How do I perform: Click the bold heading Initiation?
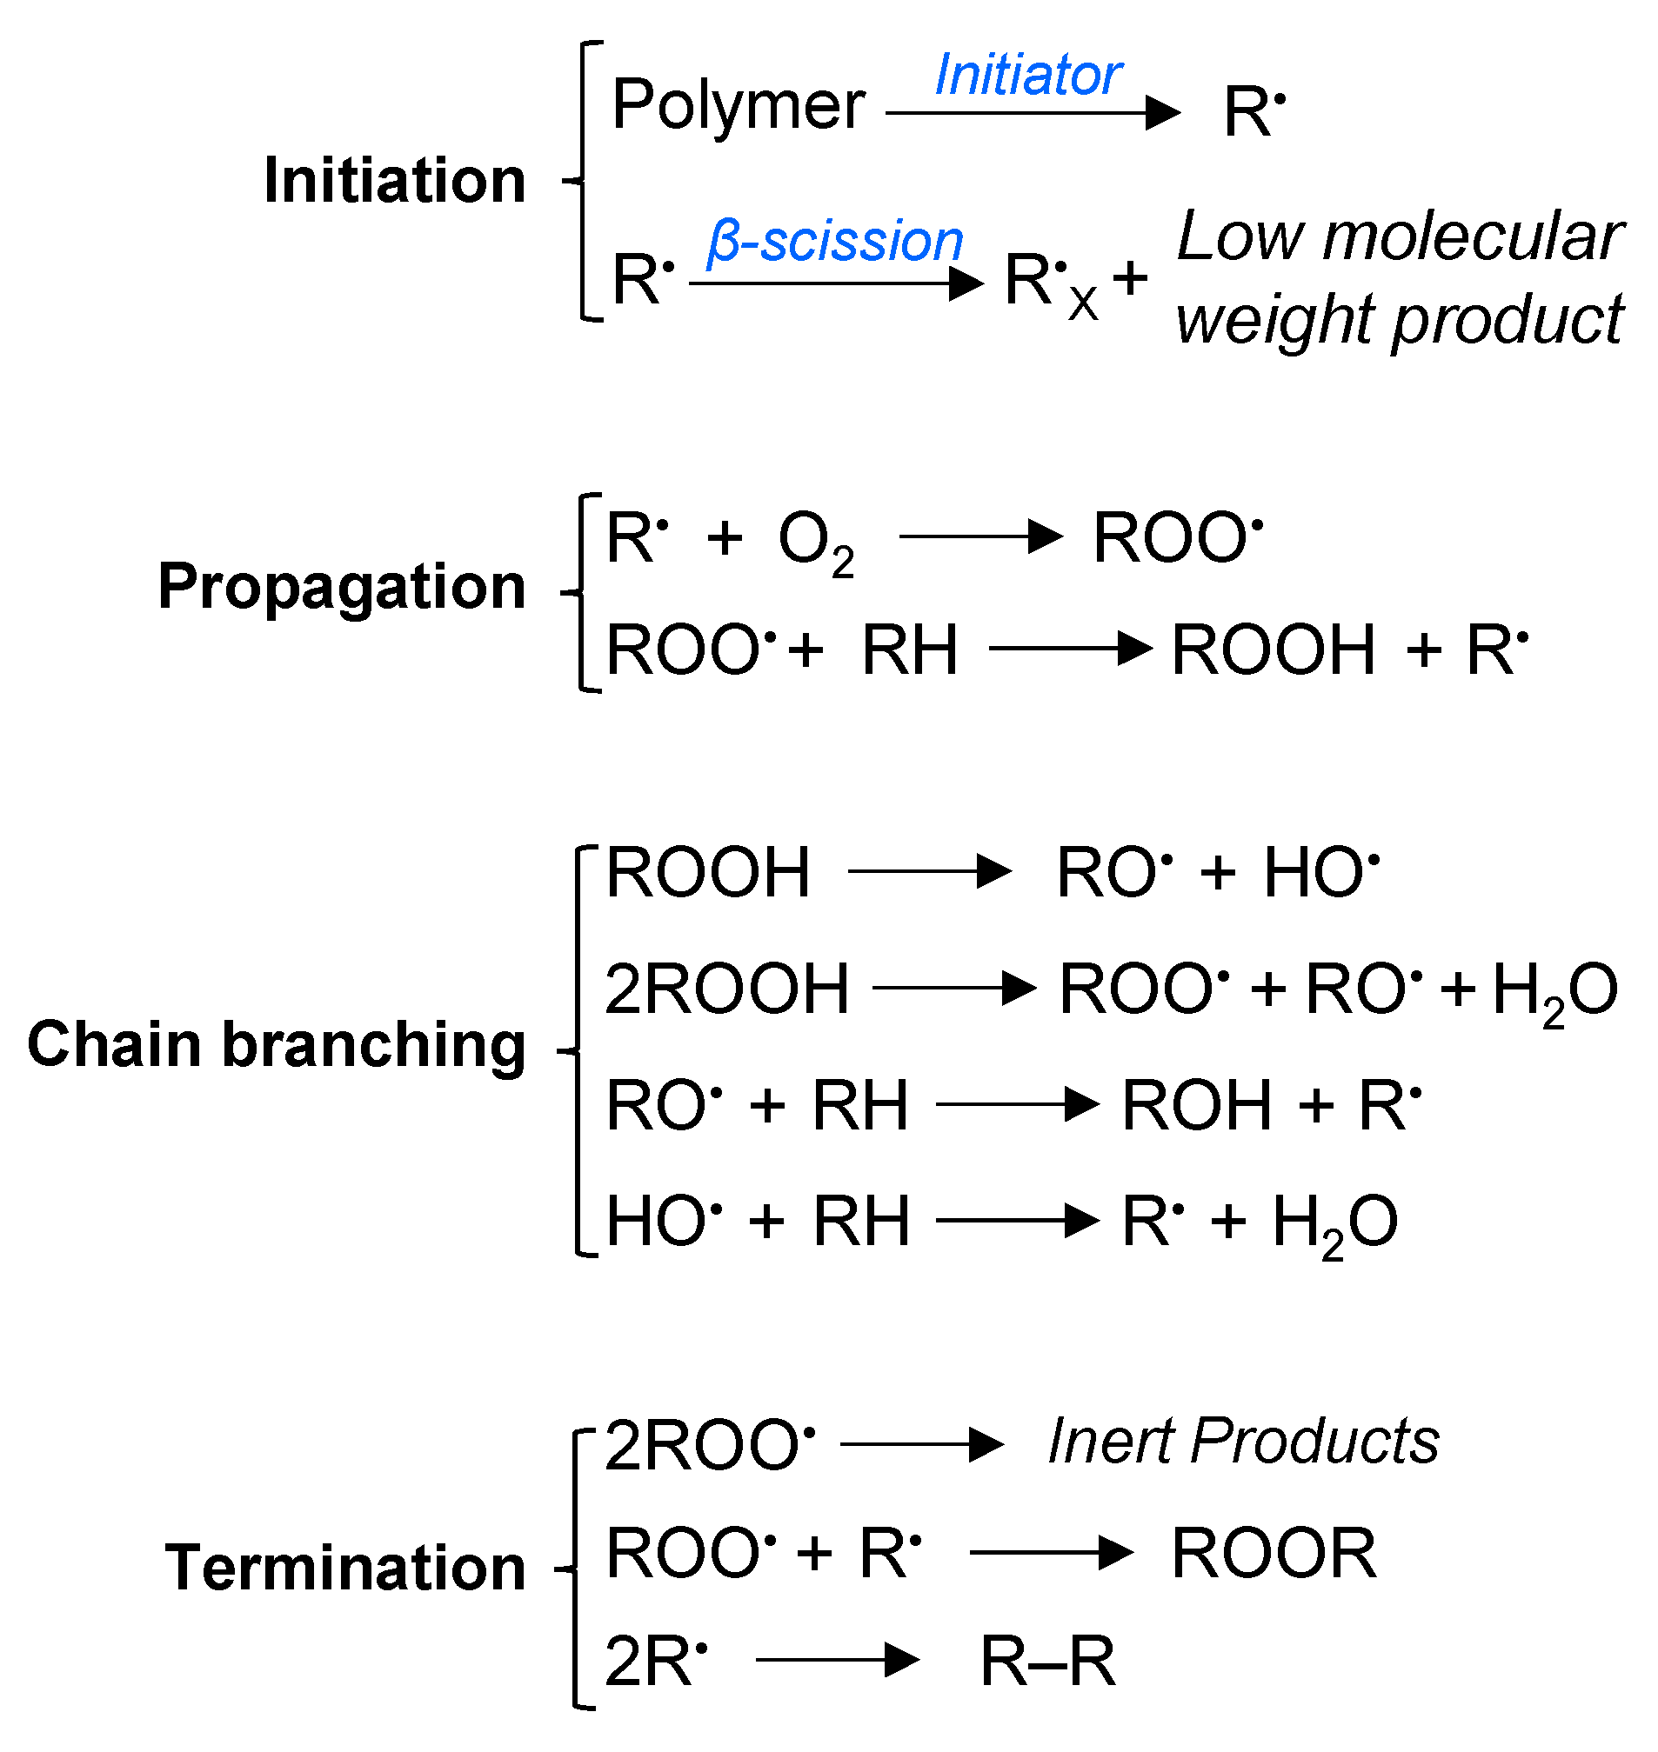(x=394, y=180)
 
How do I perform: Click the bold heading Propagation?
(x=341, y=587)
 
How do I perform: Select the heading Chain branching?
(x=276, y=1044)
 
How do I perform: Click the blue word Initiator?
(x=1028, y=75)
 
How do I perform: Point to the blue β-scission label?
(x=835, y=241)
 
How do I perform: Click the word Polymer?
(x=738, y=106)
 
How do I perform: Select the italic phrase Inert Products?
(x=1242, y=1442)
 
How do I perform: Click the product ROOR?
(x=1274, y=1553)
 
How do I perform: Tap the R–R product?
(x=1047, y=1662)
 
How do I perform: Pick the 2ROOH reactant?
(x=726, y=989)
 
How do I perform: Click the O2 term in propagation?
(x=815, y=541)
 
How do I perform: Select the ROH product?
(x=1197, y=1105)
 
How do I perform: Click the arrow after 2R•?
(x=838, y=1660)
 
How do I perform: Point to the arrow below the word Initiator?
(x=1033, y=113)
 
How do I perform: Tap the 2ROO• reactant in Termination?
(x=710, y=1446)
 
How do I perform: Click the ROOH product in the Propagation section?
(x=1274, y=650)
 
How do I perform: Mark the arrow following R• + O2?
(x=981, y=536)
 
